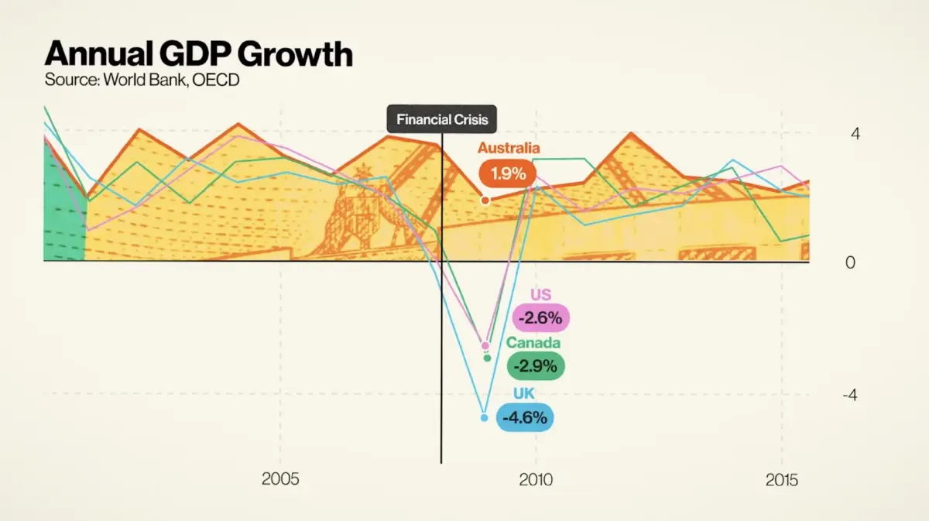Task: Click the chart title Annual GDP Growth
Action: click(198, 54)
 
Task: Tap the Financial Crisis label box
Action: click(441, 120)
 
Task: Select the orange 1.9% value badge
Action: click(508, 173)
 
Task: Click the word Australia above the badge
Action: click(509, 148)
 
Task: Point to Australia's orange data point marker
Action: click(485, 200)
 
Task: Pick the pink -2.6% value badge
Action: click(541, 317)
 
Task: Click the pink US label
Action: click(540, 294)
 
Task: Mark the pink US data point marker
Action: click(485, 345)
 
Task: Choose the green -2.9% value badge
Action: click(536, 366)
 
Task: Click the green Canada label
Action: click(533, 343)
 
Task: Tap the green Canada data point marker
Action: click(487, 358)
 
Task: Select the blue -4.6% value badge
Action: click(525, 418)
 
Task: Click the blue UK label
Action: click(524, 394)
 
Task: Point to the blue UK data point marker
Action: click(485, 418)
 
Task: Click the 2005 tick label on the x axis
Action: click(280, 479)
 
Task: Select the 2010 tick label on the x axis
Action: click(536, 479)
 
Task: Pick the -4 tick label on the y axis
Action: click(849, 395)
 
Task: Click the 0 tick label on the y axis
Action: click(851, 262)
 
